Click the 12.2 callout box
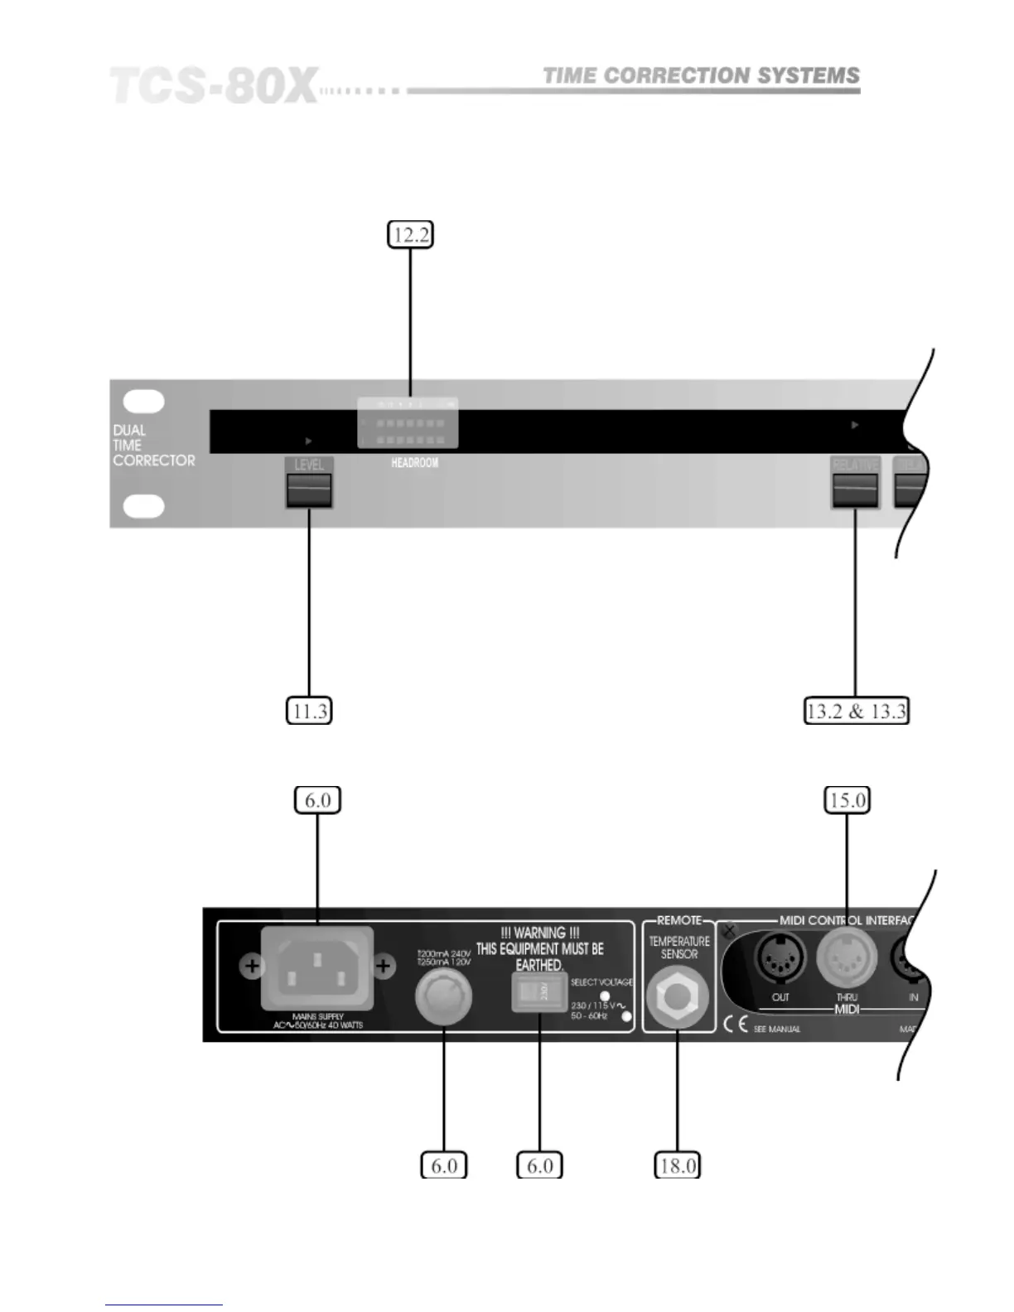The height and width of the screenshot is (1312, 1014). click(411, 234)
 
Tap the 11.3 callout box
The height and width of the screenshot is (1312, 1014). click(309, 711)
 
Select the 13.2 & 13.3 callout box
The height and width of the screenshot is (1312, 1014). click(857, 711)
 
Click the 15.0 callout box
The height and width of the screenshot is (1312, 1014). click(847, 800)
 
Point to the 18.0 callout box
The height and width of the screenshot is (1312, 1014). click(677, 1165)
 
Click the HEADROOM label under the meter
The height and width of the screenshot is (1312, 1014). click(414, 463)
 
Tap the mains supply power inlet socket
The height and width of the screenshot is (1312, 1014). click(317, 967)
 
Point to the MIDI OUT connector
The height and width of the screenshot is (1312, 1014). click(780, 959)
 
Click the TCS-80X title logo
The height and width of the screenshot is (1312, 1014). click(214, 86)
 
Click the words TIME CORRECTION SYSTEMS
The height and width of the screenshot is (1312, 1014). click(701, 76)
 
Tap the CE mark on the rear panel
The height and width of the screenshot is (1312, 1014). click(735, 1025)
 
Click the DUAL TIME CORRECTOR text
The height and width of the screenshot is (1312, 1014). click(154, 446)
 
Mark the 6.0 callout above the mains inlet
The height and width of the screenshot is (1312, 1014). click(317, 800)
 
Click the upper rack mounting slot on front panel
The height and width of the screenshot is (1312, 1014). click(144, 401)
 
